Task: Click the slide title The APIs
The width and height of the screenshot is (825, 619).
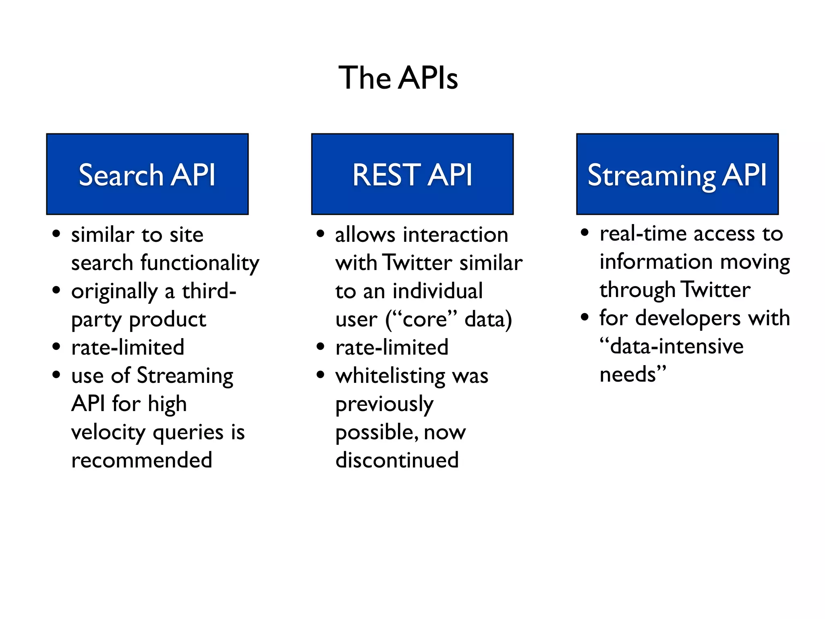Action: point(398,77)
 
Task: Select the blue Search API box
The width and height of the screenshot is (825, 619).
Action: point(147,174)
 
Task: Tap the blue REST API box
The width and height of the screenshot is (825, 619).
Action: point(412,174)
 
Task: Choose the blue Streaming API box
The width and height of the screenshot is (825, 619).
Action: point(677,174)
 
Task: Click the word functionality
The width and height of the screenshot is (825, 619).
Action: point(200,263)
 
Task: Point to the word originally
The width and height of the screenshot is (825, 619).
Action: point(114,291)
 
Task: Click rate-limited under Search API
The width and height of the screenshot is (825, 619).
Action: point(128,347)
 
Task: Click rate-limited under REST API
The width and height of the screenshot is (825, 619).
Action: point(392,347)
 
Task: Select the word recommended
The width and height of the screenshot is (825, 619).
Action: point(141,460)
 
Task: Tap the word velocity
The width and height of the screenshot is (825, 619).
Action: point(108,432)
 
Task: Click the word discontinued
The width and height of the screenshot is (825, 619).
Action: point(397,460)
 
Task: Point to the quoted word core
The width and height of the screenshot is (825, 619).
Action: point(425,320)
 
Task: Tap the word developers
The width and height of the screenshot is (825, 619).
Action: point(688,318)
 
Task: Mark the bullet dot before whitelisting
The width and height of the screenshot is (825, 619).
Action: point(320,375)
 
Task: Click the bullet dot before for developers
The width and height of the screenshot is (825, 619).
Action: point(585,318)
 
